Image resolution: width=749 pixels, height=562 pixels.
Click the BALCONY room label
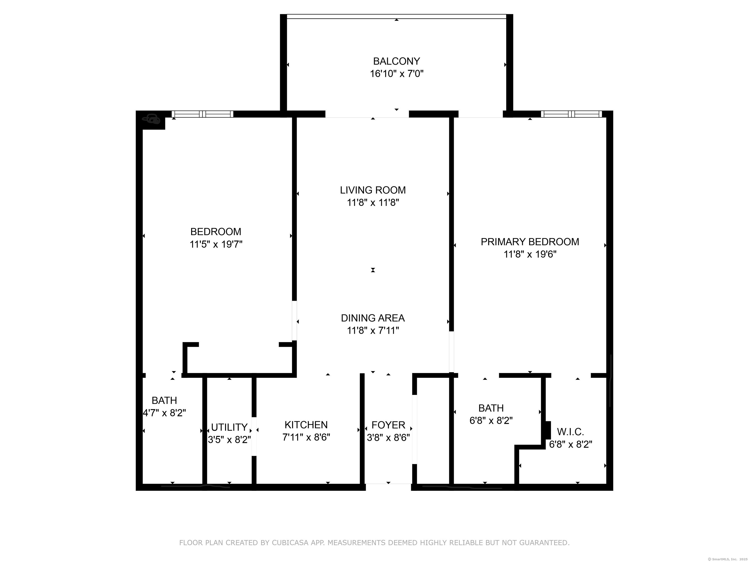click(396, 61)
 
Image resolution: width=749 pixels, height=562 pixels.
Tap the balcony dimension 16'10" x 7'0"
click(396, 74)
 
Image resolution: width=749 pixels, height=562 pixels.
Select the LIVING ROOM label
click(373, 190)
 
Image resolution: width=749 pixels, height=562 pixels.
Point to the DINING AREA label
click(373, 318)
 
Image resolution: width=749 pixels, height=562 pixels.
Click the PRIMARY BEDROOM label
click(530, 242)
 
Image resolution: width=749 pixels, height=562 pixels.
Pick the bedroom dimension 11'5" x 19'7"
click(216, 244)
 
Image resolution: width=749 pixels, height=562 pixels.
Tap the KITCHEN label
click(306, 425)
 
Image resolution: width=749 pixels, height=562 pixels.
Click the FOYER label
click(388, 425)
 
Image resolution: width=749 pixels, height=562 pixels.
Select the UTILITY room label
click(229, 427)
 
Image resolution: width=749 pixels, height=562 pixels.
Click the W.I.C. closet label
click(570, 432)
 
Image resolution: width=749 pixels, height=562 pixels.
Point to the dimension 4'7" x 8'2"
click(164, 413)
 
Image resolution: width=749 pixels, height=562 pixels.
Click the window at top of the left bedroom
click(202, 114)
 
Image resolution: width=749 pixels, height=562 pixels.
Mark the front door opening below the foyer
click(388, 487)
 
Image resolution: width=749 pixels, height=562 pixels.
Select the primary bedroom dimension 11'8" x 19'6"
click(530, 254)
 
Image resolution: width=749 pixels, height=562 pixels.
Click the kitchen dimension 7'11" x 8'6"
click(306, 437)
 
